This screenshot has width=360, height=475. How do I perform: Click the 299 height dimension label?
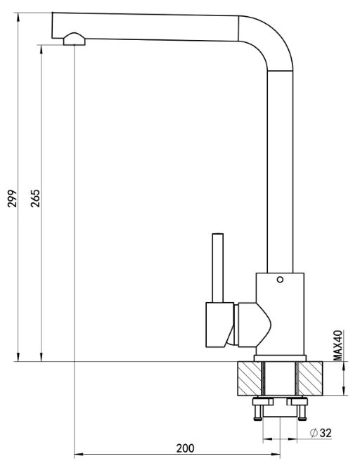[12, 198]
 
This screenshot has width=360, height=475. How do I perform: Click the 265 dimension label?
[35, 198]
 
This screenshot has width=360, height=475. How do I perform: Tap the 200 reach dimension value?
[185, 448]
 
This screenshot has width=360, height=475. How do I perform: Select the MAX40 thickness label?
[338, 345]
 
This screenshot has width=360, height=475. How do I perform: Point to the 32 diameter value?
[326, 434]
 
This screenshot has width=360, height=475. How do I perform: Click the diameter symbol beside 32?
[314, 433]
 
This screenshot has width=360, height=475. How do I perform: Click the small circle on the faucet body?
[280, 280]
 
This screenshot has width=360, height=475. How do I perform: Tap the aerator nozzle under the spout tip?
[75, 39]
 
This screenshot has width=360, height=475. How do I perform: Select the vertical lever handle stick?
[218, 268]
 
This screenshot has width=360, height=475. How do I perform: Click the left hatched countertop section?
[249, 378]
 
